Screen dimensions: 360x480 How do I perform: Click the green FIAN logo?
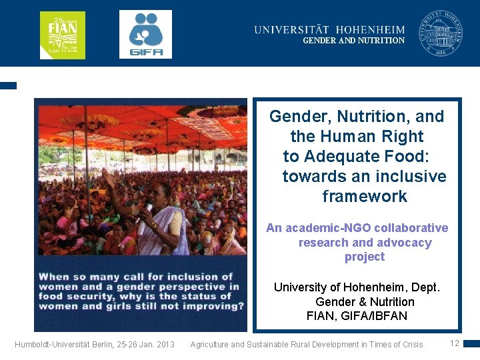63,35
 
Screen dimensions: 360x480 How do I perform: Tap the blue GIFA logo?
145,35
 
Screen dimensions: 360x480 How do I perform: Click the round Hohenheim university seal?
440,33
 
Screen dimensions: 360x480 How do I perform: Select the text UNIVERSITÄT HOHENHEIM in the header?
329,29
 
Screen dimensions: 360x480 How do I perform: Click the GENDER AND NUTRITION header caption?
353,41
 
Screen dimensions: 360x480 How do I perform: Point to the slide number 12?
455,343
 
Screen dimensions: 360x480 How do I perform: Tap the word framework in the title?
364,197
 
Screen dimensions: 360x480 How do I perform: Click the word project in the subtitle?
365,257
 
